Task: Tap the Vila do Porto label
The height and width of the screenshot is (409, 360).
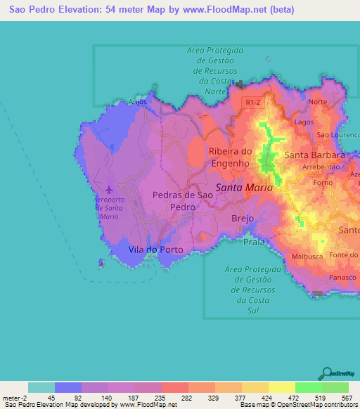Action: point(155,249)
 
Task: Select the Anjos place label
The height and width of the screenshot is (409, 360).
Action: point(137,102)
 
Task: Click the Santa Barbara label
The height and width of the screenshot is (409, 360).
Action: point(314,155)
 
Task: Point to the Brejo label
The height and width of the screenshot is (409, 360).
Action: point(243,219)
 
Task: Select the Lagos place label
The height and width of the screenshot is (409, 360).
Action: point(304,122)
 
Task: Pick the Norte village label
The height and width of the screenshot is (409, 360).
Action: point(318,102)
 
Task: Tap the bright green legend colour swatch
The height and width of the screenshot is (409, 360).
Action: point(308,387)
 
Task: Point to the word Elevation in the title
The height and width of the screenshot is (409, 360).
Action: point(82,10)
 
